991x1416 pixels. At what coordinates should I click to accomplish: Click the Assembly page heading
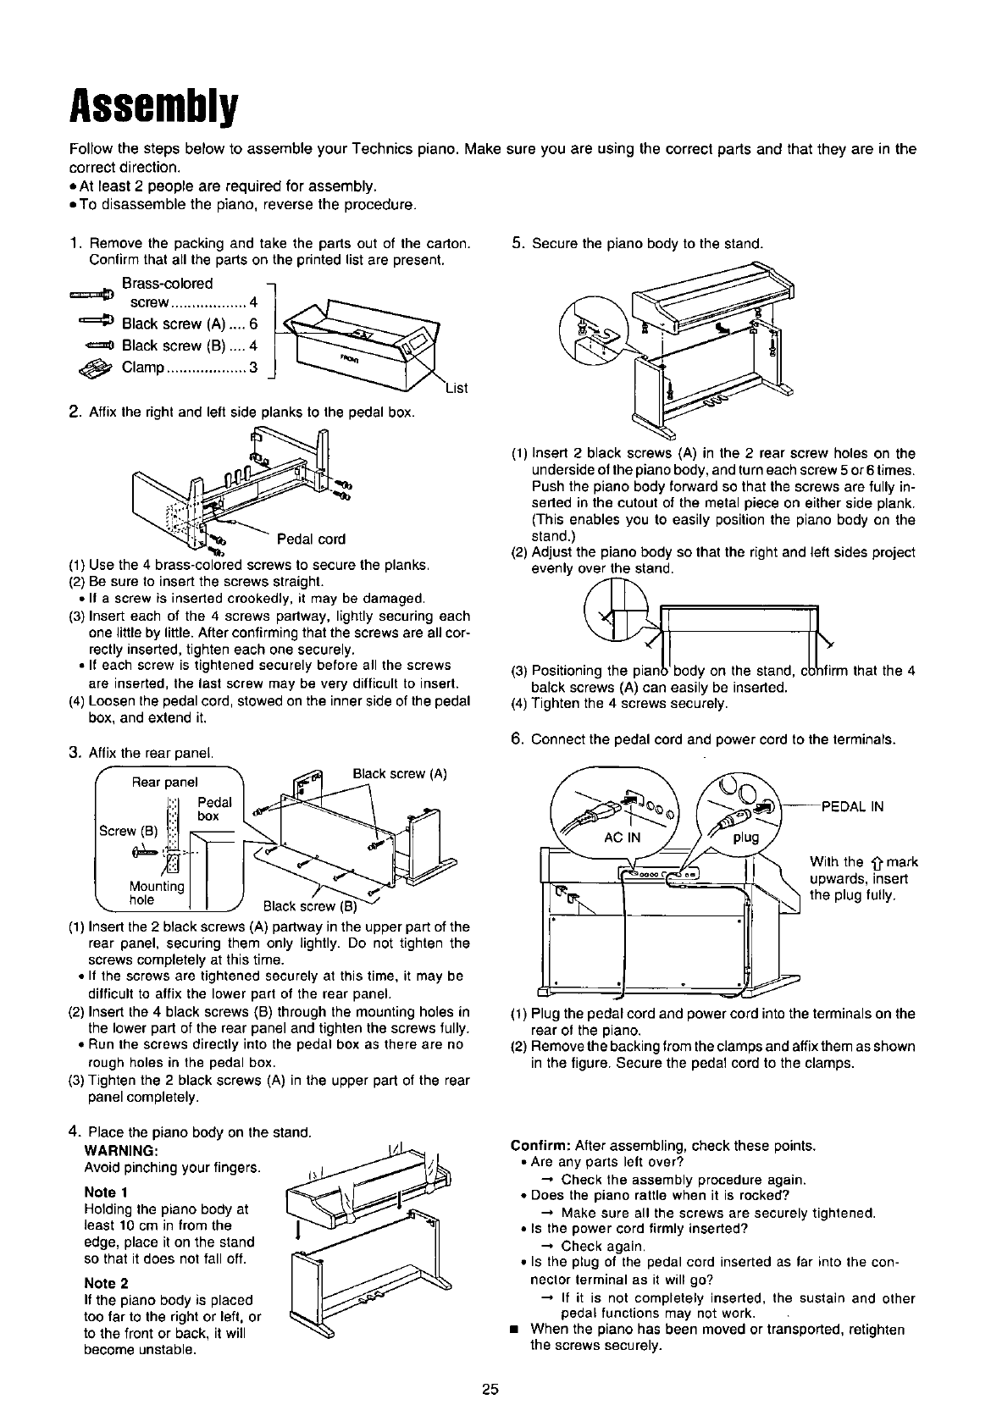(153, 106)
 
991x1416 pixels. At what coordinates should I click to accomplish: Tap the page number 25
(490, 1389)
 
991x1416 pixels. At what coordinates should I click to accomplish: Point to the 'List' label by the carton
(457, 388)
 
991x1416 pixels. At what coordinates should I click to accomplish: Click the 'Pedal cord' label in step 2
(311, 539)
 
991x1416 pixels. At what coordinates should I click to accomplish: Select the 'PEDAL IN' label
(852, 806)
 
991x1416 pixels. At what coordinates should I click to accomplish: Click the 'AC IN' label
(623, 838)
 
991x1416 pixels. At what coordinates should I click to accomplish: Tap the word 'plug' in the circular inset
(745, 838)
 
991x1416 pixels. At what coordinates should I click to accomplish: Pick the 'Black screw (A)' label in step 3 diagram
(400, 774)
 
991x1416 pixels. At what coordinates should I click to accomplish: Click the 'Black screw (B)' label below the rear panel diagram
(311, 906)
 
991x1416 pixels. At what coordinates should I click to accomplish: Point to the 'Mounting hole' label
(157, 893)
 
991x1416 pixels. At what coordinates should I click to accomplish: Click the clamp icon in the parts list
(96, 368)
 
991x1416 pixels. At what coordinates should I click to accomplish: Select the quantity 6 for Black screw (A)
(253, 324)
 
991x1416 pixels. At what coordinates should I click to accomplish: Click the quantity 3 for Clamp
(253, 368)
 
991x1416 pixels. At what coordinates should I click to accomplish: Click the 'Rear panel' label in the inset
(164, 783)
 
